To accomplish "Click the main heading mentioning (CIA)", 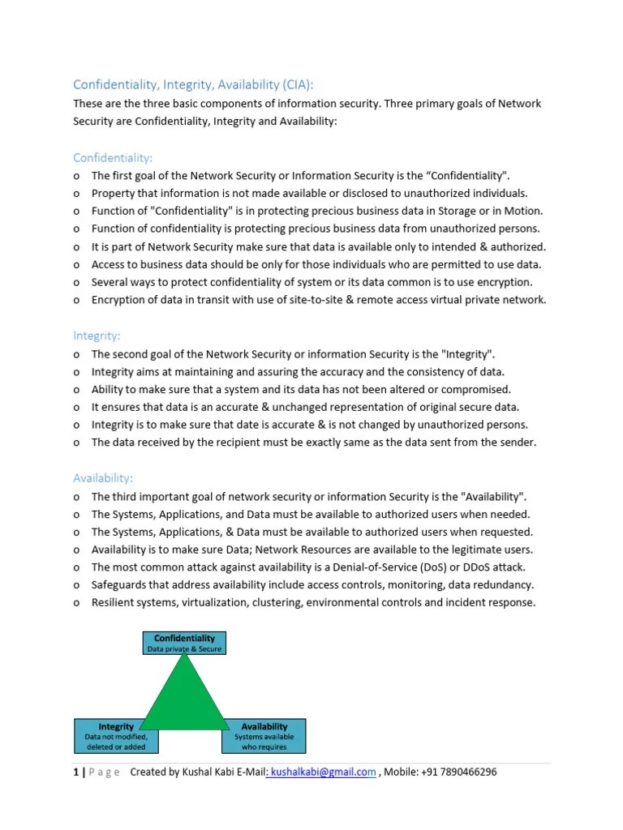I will pos(192,84).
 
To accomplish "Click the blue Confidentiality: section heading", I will pos(113,157).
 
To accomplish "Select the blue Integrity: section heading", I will pos(97,335).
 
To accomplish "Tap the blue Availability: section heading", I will pos(103,478).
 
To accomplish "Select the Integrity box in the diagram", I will pos(116,736).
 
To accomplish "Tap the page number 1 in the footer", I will pos(75,772).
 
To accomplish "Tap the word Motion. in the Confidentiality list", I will pos(522,211).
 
